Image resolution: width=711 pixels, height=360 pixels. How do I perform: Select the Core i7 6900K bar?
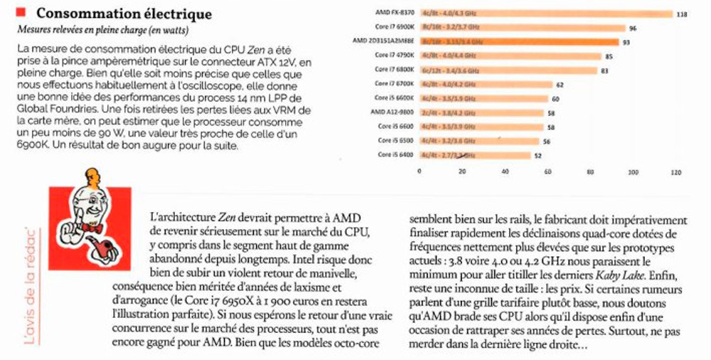point(523,28)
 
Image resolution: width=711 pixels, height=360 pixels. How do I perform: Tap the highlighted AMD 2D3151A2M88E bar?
point(519,41)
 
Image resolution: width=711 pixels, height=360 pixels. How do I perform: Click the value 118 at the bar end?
point(681,14)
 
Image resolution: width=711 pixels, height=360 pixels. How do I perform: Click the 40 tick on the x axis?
point(505,171)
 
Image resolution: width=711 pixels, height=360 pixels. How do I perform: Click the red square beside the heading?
point(21,11)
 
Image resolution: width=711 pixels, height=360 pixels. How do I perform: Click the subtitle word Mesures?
point(34,29)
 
